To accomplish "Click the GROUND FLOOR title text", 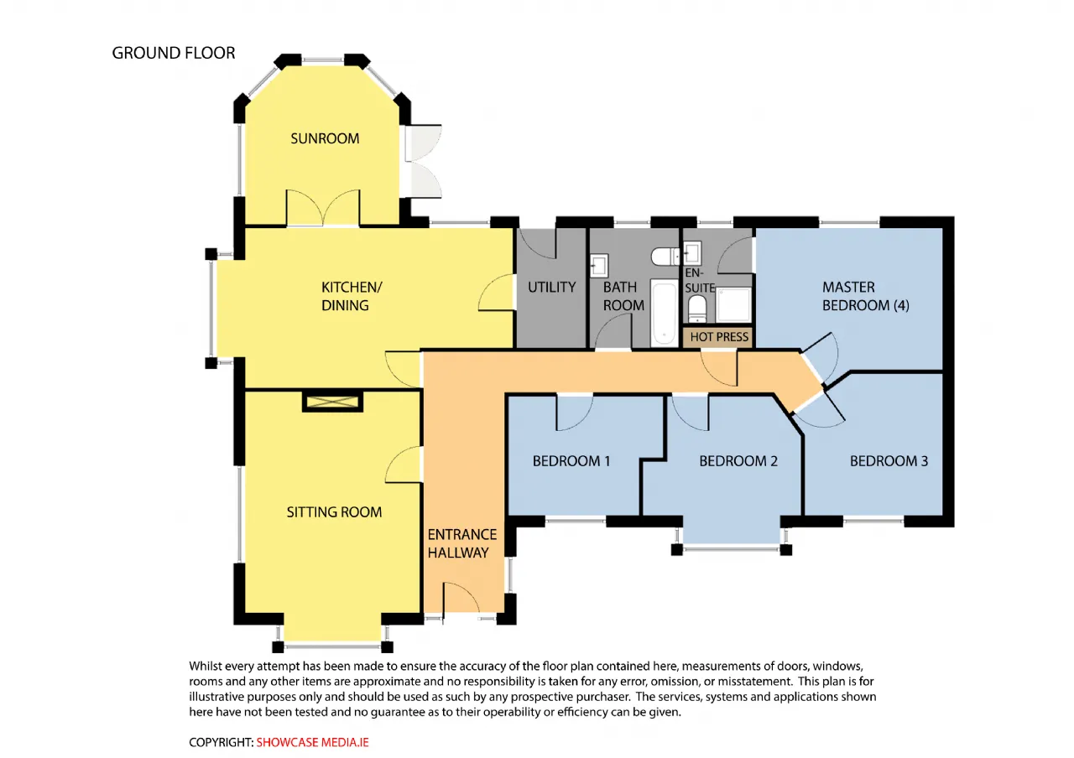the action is point(174,53).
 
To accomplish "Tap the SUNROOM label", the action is point(325,138).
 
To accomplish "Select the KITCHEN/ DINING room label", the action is point(352,296).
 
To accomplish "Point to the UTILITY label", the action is point(551,287).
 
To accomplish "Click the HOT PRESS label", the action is point(719,337).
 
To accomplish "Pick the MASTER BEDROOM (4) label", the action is point(865,296).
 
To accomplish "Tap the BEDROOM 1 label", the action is point(571,461).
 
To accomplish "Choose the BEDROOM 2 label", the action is point(738,461).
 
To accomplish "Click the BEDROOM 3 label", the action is point(889,461).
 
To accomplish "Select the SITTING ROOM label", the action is point(334,512).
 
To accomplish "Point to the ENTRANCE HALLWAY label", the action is point(461,543).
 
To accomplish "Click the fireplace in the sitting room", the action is point(332,402).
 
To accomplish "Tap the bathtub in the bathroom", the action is point(664,313).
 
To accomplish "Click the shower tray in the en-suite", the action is point(733,304).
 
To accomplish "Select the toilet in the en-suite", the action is point(696,309).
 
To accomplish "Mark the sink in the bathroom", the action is point(599,266).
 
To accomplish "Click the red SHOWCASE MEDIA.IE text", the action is point(312,742).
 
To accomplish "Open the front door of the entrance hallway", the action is point(461,600).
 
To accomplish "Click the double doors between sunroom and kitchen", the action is point(323,208).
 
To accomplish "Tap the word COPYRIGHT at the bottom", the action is point(221,742).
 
